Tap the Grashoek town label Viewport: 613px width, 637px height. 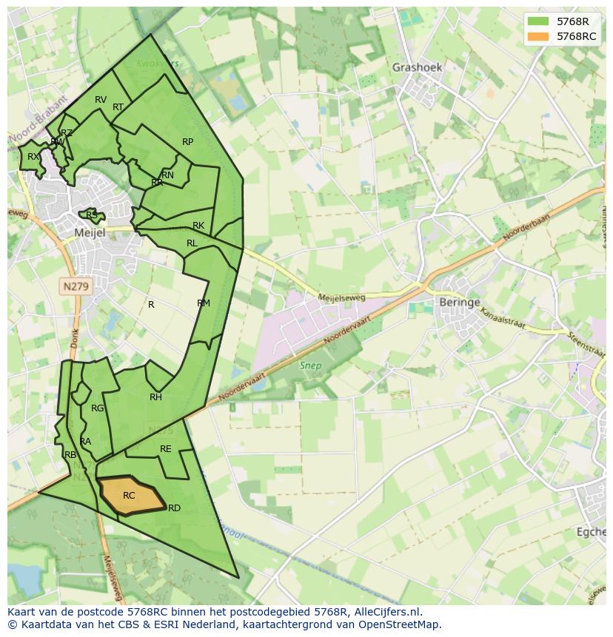[417, 67]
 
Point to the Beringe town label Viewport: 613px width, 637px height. [459, 303]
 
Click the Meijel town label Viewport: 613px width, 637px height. [90, 232]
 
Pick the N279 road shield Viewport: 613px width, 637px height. [75, 286]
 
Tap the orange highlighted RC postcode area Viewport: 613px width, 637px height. [130, 494]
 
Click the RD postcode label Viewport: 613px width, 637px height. [174, 508]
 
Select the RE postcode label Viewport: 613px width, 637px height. [166, 449]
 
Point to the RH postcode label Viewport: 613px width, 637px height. [155, 397]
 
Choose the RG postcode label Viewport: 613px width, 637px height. [97, 408]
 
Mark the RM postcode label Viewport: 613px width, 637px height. [204, 303]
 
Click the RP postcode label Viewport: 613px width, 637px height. [187, 142]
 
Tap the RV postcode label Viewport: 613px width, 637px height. [101, 100]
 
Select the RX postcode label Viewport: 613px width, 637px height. [33, 157]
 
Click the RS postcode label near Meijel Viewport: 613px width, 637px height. [92, 215]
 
